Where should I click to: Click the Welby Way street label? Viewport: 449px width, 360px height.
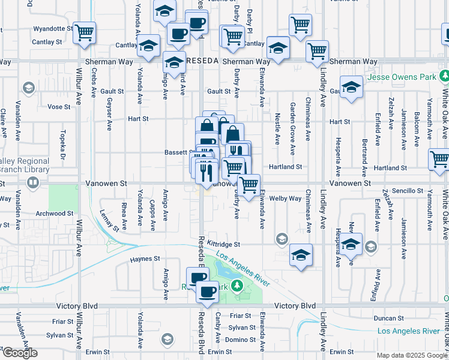285,199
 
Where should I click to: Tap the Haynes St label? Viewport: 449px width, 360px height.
145,259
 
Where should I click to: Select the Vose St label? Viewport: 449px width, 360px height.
59,107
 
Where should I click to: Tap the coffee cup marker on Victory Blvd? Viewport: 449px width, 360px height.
208,292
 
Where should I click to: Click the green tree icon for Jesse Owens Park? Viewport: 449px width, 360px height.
444,76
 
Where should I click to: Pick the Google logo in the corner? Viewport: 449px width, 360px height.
19,353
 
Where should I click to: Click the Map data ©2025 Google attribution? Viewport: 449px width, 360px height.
412,355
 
